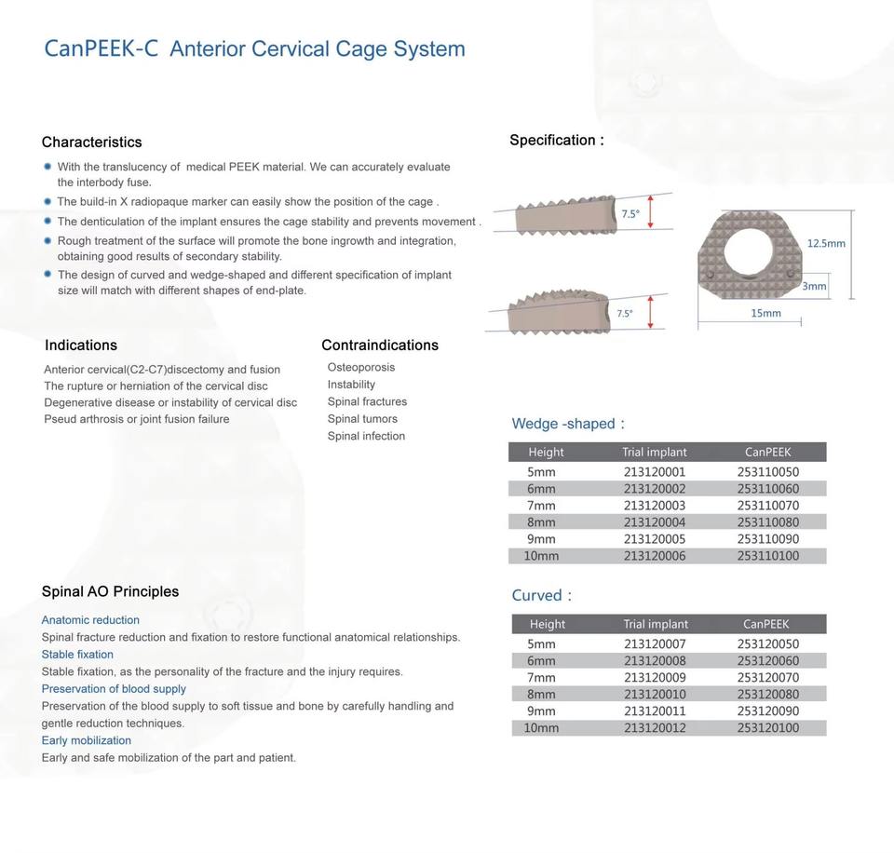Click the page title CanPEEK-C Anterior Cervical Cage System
click(254, 48)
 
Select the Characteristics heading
click(91, 142)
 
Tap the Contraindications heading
click(380, 345)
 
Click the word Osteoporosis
click(361, 367)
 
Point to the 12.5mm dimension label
click(826, 243)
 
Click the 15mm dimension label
click(765, 313)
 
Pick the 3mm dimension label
click(814, 286)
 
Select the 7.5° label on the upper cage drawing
click(630, 213)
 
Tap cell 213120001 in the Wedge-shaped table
click(655, 472)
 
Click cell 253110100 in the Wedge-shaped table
click(768, 556)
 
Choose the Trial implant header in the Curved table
click(656, 624)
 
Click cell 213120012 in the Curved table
click(655, 727)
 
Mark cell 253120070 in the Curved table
click(768, 677)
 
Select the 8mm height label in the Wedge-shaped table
click(541, 522)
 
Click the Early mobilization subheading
click(87, 740)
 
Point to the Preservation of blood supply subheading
click(114, 688)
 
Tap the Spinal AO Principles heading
click(110, 591)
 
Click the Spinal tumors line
click(362, 418)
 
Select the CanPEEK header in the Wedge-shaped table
click(768, 452)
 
